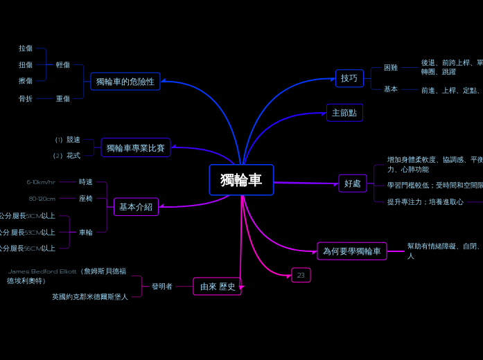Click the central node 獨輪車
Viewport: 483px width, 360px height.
pos(241,180)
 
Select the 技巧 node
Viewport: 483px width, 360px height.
pos(349,78)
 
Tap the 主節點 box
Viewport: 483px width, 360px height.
pos(344,113)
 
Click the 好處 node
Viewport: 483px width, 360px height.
pos(353,183)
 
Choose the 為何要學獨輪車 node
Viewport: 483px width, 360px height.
pos(352,251)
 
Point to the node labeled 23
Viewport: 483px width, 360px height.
pos(301,275)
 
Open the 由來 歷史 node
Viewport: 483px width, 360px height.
pos(218,287)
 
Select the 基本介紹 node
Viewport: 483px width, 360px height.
pos(136,207)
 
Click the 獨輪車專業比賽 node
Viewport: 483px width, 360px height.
pos(136,148)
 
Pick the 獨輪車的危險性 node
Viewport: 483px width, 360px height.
pos(125,82)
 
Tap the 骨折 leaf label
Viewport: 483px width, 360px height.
pos(26,99)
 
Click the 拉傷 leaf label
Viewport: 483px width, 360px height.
pos(26,48)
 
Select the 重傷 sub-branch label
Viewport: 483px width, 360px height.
pos(63,99)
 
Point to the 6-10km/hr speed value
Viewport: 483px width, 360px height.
pos(41,182)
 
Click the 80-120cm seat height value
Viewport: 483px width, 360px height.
pos(42,199)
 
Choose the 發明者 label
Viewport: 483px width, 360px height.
pos(162,286)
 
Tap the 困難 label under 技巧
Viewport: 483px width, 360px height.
pos(391,68)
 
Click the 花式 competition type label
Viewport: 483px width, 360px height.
pos(73,156)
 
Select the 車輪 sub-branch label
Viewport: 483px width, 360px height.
pos(86,233)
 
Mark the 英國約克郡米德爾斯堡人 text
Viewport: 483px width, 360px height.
pos(90,297)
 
